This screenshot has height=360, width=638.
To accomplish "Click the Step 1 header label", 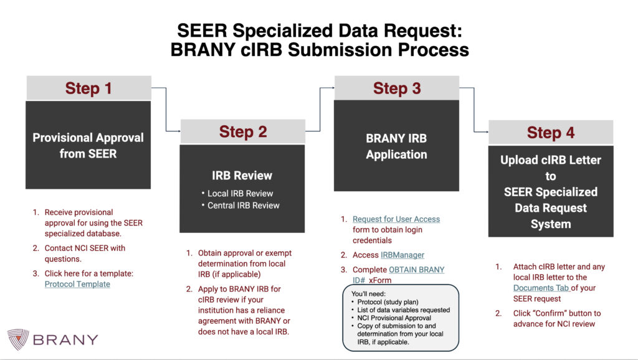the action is (x=88, y=88).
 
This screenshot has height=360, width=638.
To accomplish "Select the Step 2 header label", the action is (x=243, y=132).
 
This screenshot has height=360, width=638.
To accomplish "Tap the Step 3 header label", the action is (x=397, y=88).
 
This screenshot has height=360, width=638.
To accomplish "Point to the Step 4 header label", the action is (x=551, y=133).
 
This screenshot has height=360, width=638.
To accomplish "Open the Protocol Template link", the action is (x=77, y=284).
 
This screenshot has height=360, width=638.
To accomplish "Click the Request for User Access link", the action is (x=396, y=219).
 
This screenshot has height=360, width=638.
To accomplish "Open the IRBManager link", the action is (x=402, y=255).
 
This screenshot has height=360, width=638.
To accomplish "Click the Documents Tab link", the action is (x=541, y=288).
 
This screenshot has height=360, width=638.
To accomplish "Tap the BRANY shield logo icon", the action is (x=18, y=339).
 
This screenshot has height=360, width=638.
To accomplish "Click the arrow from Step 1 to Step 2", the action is (x=166, y=109).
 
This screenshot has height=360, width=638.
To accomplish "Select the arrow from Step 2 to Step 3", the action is (x=320, y=109).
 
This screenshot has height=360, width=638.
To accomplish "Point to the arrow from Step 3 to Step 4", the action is (x=474, y=110).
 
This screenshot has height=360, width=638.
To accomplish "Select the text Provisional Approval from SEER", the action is (x=88, y=145).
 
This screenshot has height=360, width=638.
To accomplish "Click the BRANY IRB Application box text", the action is (x=396, y=146).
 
